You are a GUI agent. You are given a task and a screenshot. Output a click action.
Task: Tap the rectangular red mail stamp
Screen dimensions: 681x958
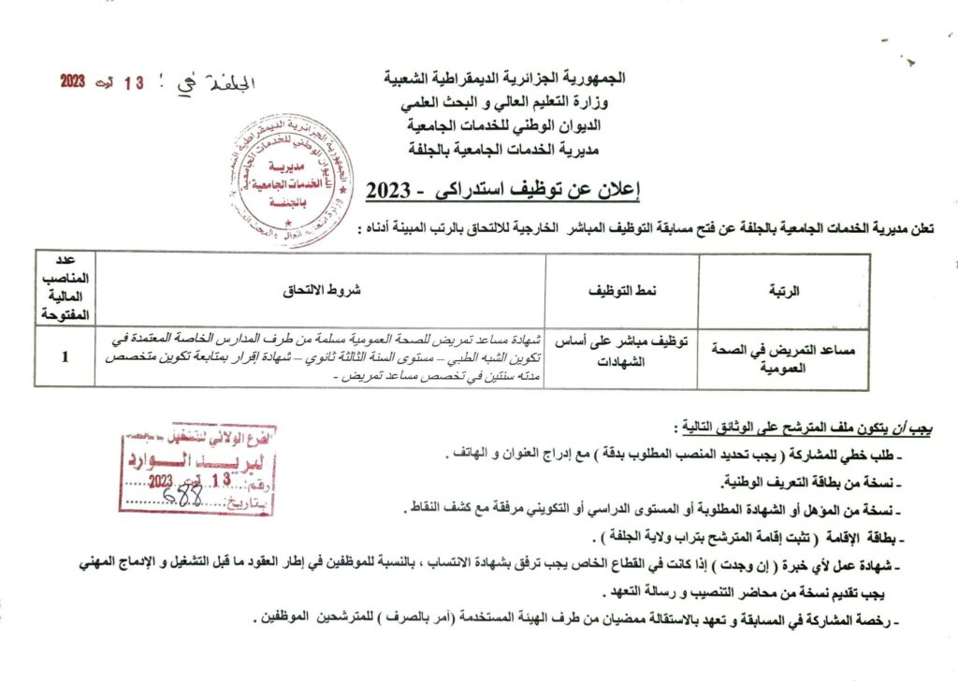click(x=197, y=469)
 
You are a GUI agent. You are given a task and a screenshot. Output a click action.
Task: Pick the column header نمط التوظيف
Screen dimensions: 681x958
click(x=622, y=292)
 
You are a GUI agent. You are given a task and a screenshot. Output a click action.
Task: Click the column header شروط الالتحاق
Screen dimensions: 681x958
click(x=322, y=292)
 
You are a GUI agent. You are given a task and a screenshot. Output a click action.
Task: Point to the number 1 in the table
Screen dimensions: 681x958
click(x=63, y=356)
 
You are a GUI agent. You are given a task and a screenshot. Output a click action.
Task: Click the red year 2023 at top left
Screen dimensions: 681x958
click(x=73, y=81)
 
